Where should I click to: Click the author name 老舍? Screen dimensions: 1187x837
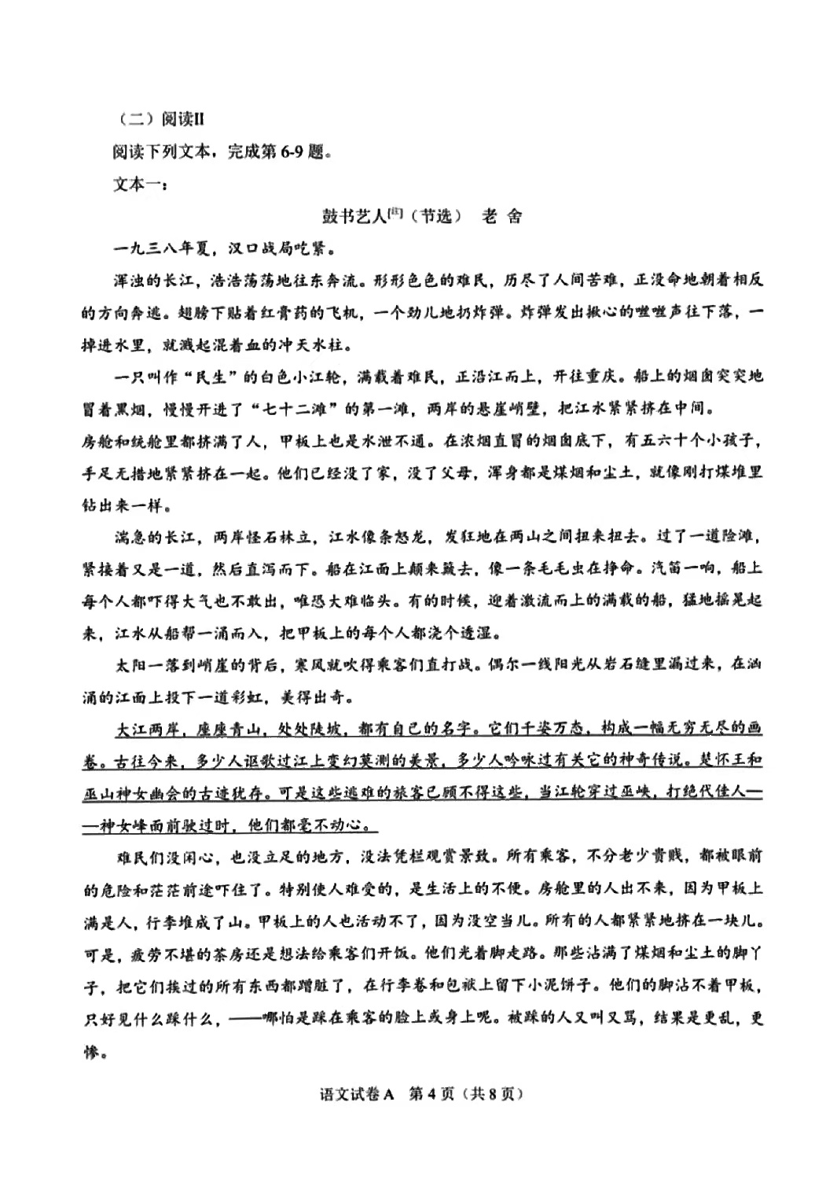coord(503,216)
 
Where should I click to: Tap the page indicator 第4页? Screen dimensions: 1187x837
coord(432,1094)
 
